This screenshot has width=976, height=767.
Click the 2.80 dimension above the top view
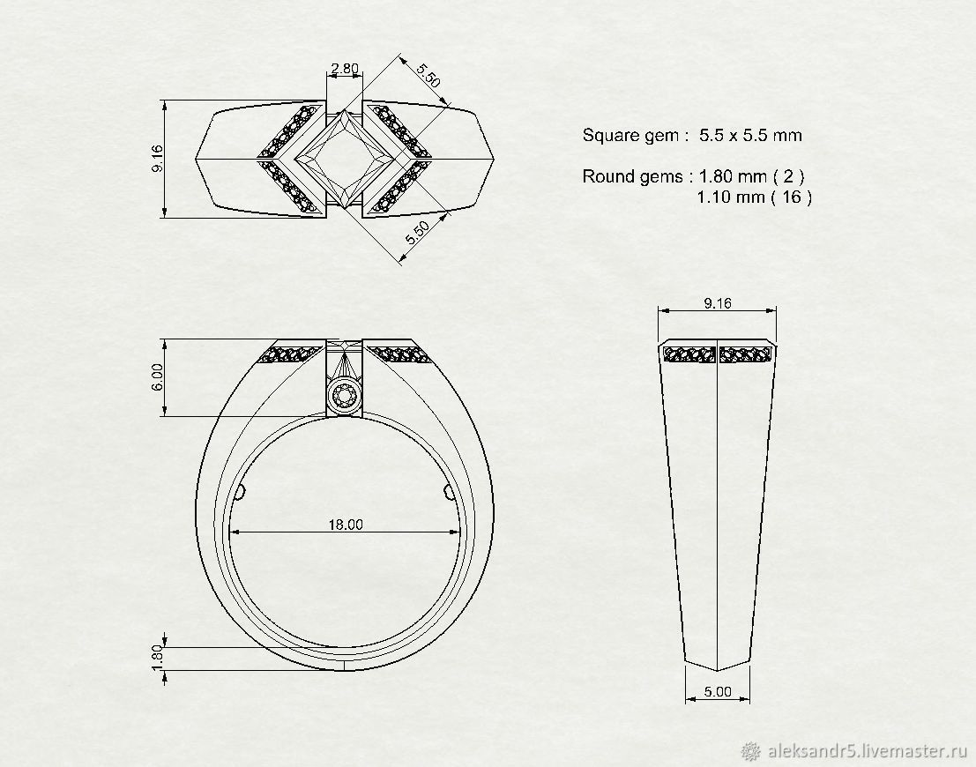344,69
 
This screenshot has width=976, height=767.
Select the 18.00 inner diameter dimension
346,525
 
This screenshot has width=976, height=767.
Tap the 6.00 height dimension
157,376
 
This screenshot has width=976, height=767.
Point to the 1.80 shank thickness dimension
157,658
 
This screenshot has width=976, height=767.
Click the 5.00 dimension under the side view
717,692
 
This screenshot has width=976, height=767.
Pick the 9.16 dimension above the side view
718,303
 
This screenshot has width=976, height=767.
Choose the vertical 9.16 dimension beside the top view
157,159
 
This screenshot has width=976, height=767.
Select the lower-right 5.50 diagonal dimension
418,233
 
